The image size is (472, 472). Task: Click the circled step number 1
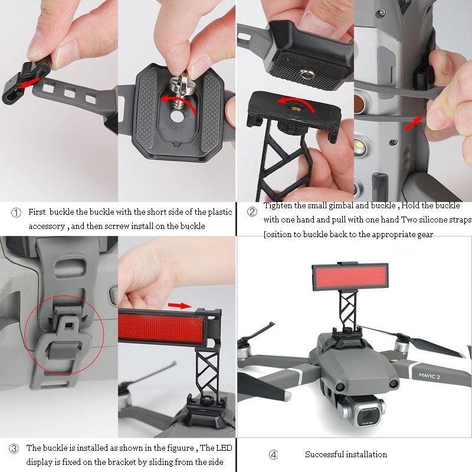pos(17,212)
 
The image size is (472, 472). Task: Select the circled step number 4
pos(273,454)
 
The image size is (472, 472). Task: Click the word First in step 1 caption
pos(38,212)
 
